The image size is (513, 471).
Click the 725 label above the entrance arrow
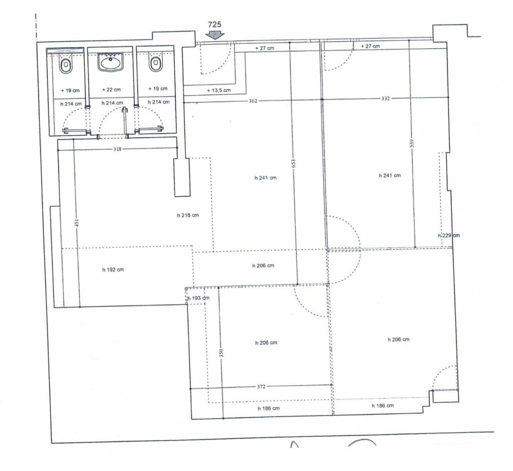214,24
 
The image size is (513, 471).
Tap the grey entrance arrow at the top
214,35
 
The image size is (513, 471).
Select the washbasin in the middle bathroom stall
110,62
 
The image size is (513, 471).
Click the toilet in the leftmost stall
66,66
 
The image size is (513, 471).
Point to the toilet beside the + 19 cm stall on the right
156,63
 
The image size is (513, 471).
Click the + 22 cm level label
111,89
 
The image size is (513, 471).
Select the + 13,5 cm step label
218,90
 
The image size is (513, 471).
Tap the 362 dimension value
253,101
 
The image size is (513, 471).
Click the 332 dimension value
385,98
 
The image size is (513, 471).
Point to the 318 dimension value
117,149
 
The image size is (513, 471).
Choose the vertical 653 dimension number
293,164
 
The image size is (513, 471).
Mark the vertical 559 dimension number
412,143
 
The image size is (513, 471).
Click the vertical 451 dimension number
77,223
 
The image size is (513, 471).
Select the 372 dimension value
261,387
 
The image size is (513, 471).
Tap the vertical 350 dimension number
221,353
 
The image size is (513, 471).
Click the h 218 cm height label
188,215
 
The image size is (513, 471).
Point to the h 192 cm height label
113,270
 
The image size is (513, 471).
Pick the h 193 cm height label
198,298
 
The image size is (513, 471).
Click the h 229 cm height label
448,235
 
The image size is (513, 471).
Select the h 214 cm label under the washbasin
112,103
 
